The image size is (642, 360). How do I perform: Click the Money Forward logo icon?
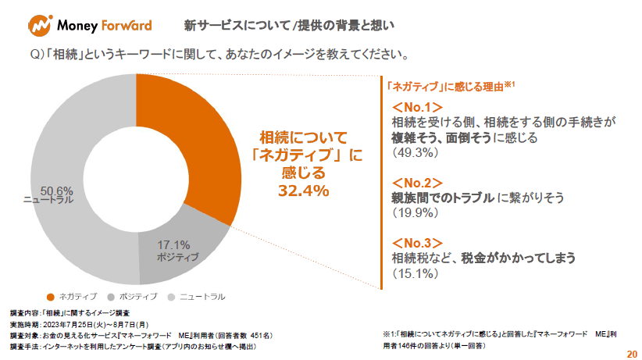pyautogui.click(x=39, y=25)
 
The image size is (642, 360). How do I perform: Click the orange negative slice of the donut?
pyautogui.click(x=195, y=148)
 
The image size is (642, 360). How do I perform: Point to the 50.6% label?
pyautogui.click(x=56, y=190)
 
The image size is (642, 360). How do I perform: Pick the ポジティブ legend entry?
pyautogui.click(x=130, y=297)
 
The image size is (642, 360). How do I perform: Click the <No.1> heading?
pyautogui.click(x=417, y=107)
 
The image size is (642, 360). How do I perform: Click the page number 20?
pyautogui.click(x=632, y=354)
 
